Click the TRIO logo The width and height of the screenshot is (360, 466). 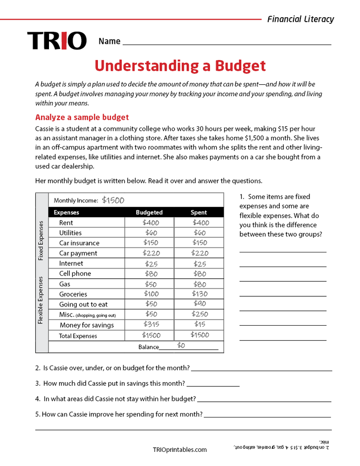point(57,41)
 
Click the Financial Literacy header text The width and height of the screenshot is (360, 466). point(300,19)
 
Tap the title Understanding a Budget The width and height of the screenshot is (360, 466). point(180,66)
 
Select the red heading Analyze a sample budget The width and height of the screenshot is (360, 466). point(82,117)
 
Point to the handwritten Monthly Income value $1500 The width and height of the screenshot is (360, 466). point(113,200)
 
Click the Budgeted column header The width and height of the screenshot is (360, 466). point(149,212)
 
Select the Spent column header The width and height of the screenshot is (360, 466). point(199,212)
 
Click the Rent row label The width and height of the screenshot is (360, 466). point(66,223)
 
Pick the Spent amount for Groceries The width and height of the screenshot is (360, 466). point(199,294)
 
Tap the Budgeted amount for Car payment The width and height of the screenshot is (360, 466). point(150,253)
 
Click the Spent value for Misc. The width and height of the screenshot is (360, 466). point(199,314)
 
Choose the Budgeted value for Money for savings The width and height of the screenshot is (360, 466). point(150,324)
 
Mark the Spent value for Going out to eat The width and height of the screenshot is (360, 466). point(199,304)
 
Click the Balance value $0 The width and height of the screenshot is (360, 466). point(181,345)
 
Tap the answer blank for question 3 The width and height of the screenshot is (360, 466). point(213,385)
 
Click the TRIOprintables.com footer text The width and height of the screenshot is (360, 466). point(179,449)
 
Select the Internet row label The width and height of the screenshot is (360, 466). point(71,264)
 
